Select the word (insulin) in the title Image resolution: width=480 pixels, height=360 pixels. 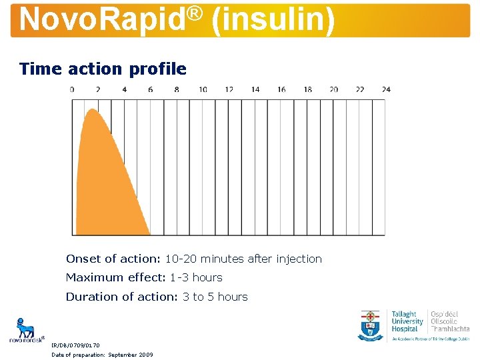click(273, 19)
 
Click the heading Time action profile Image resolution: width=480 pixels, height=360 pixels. click(103, 69)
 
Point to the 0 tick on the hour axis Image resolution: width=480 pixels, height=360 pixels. click(72, 89)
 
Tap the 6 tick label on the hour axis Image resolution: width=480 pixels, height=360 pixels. click(151, 89)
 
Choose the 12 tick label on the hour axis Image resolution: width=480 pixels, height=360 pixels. click(229, 89)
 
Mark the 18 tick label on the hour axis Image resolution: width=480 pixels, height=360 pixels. click(307, 89)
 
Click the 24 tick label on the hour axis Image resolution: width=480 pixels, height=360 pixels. click(386, 89)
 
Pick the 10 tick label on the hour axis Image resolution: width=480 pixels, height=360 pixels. click(203, 89)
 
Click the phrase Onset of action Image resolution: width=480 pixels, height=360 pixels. click(108, 259)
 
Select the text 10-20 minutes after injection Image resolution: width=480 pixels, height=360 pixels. click(243, 259)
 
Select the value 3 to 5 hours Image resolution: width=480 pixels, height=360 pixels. click(215, 297)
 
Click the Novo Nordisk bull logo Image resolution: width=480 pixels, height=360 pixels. click(26, 329)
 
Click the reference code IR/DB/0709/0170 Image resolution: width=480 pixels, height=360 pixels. click(76, 345)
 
